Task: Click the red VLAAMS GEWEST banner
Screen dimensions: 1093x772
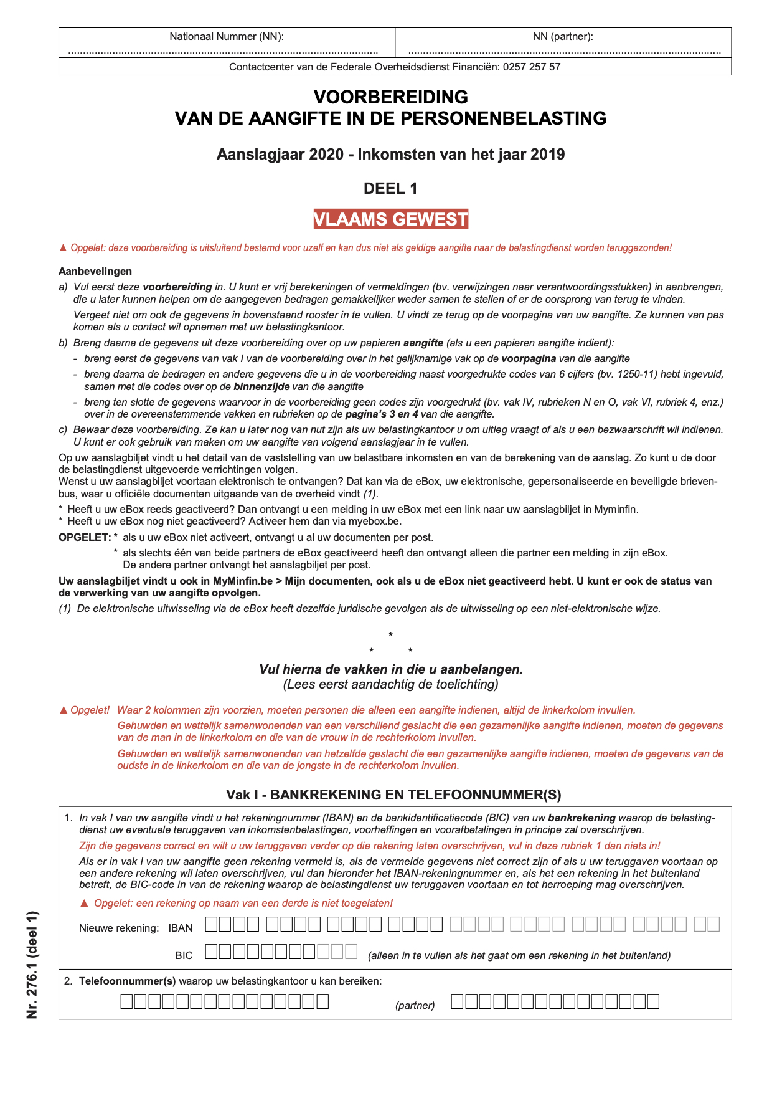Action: tap(390, 219)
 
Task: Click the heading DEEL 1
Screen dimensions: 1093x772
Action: tap(390, 188)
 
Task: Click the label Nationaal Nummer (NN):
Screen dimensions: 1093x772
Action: tap(227, 36)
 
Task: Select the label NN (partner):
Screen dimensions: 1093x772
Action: tap(563, 36)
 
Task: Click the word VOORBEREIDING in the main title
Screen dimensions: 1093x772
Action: tap(390, 97)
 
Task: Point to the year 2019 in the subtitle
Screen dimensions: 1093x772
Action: tap(547, 154)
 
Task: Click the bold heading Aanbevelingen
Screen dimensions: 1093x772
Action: tap(95, 271)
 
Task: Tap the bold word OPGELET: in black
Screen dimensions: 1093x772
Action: tap(85, 537)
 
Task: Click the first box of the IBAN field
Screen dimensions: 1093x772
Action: tap(212, 924)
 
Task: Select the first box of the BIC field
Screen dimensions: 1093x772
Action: tap(212, 952)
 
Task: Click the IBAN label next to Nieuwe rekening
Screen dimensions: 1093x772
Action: tap(181, 928)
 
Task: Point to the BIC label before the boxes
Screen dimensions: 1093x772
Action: tap(184, 955)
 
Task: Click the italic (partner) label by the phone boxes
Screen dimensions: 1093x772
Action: tap(415, 1005)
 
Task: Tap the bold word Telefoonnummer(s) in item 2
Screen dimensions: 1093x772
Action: tap(128, 981)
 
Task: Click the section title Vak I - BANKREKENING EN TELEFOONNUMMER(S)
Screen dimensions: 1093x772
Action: tap(393, 795)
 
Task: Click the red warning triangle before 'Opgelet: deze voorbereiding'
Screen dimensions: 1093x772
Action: tap(63, 248)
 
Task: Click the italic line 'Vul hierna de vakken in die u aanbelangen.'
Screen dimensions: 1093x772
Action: tap(390, 669)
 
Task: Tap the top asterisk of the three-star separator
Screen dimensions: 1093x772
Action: tap(390, 635)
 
